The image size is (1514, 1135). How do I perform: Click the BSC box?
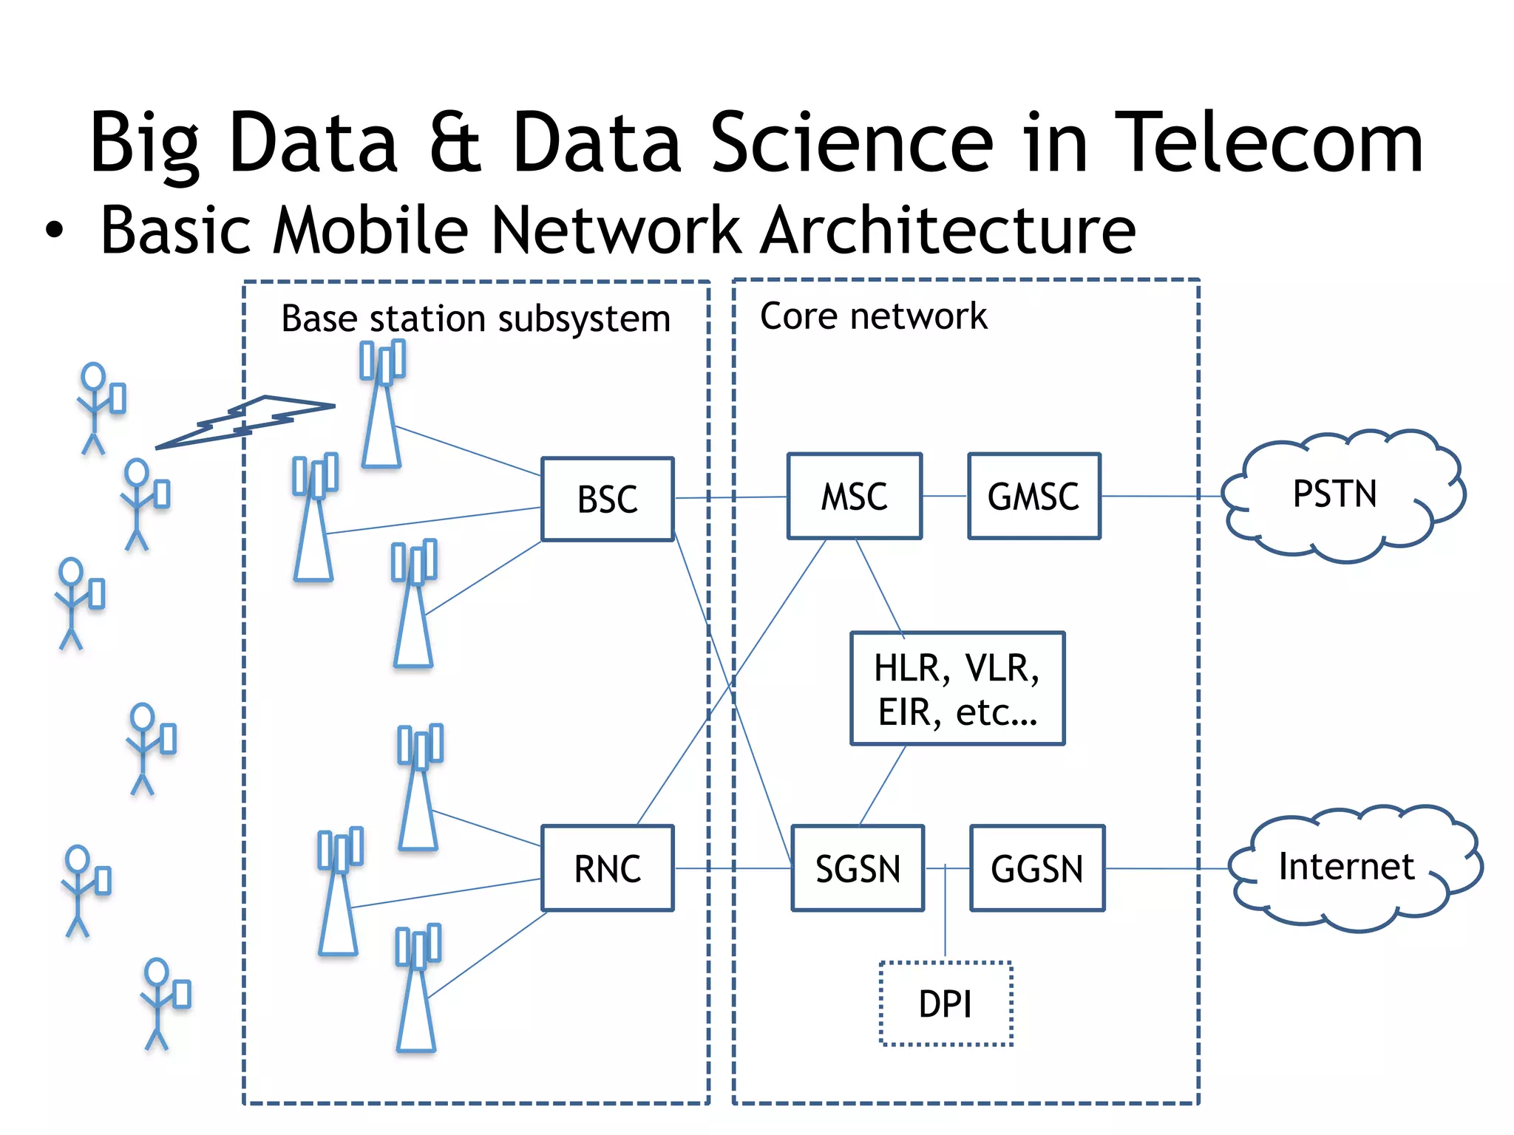click(x=607, y=500)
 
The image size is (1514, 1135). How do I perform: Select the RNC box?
click(x=607, y=868)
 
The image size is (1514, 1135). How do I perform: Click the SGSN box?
click(x=858, y=868)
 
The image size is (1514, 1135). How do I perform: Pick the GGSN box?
click(x=1036, y=868)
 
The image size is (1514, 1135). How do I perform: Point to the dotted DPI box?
click(x=946, y=1004)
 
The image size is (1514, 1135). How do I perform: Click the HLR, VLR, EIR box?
click(x=957, y=689)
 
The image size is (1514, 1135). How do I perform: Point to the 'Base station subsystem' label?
click(x=475, y=319)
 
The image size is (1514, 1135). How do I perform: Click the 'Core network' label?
click(x=873, y=316)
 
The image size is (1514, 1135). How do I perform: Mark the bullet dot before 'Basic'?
click(x=54, y=230)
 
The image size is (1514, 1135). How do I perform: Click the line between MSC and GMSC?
click(x=945, y=496)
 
